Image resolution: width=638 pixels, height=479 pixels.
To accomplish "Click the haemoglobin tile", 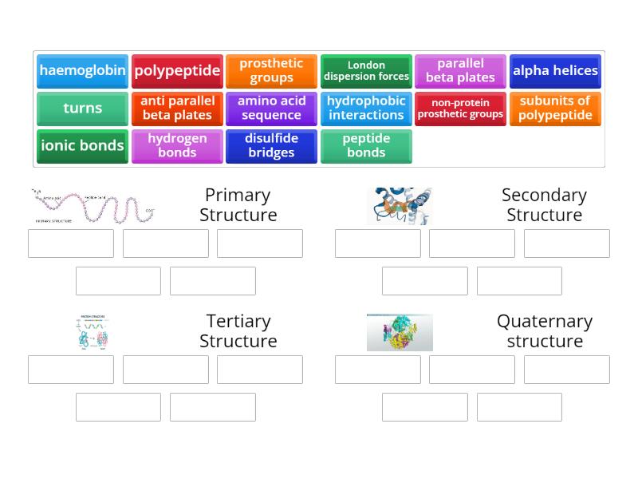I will (82, 70).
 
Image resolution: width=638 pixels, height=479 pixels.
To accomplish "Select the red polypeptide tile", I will (177, 70).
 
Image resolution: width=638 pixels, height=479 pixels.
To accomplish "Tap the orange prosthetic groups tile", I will (271, 70).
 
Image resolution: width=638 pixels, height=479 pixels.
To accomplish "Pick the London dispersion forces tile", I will (366, 70).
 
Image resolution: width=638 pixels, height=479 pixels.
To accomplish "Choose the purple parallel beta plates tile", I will (460, 70).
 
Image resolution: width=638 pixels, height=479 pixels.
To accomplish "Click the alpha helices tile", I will (555, 70).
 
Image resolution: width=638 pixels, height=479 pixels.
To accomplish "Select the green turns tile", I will (82, 108).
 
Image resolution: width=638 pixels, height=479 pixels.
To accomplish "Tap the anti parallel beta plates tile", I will (177, 108).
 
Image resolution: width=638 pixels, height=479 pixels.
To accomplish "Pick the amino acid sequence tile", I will (271, 108).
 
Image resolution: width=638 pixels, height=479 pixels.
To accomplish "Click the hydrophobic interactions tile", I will (366, 108).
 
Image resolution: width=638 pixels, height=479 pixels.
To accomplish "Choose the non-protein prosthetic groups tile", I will (460, 108).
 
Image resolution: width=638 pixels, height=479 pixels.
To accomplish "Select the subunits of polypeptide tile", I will (555, 108).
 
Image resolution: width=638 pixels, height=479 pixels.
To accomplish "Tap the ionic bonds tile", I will (82, 145).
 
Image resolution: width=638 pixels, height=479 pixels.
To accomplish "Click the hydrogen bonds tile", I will (177, 145).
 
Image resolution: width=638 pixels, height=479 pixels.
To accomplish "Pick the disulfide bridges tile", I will (271, 145).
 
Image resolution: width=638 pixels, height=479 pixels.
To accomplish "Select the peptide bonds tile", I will (366, 145).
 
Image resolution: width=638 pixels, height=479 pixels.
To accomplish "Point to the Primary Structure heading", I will (238, 205).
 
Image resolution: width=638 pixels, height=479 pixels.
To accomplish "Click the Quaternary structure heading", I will (545, 331).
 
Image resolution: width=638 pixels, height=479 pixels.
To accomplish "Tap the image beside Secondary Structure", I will (400, 206).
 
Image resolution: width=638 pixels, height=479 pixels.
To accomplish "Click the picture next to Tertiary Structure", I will (93, 332).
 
